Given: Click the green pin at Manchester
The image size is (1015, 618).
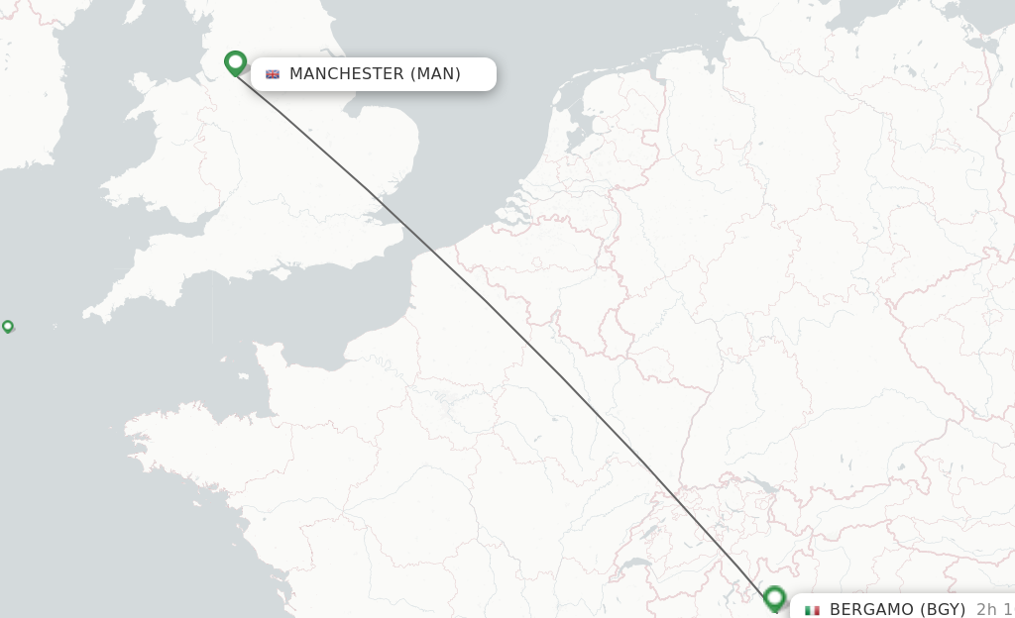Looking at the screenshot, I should tap(235, 62).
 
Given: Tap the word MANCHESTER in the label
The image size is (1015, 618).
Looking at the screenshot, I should tap(346, 74).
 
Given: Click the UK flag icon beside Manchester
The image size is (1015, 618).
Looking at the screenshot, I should tap(273, 74).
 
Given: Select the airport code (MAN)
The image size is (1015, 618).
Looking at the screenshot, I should tap(435, 74).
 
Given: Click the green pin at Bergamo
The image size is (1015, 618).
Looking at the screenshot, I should tap(775, 597).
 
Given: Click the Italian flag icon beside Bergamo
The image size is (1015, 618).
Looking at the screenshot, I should tap(813, 610).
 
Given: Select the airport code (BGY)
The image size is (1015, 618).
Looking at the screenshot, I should tap(943, 609).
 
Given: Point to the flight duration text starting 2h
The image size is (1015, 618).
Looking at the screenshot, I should tap(994, 609).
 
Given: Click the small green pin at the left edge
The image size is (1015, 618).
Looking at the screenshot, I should tap(8, 326).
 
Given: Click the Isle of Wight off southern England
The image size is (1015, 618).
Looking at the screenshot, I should tap(286, 268).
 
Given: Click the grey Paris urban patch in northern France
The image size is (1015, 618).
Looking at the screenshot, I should tap(446, 401).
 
